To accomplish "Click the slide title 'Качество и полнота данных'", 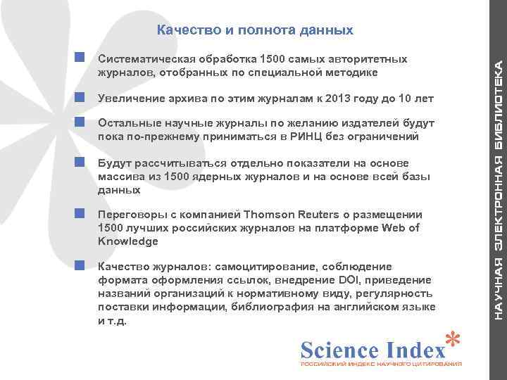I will point(254,31).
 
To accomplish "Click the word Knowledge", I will point(128,241).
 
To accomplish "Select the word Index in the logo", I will point(418,350).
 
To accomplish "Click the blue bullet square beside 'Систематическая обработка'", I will point(80,56).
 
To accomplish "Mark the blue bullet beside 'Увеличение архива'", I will point(80,96).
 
